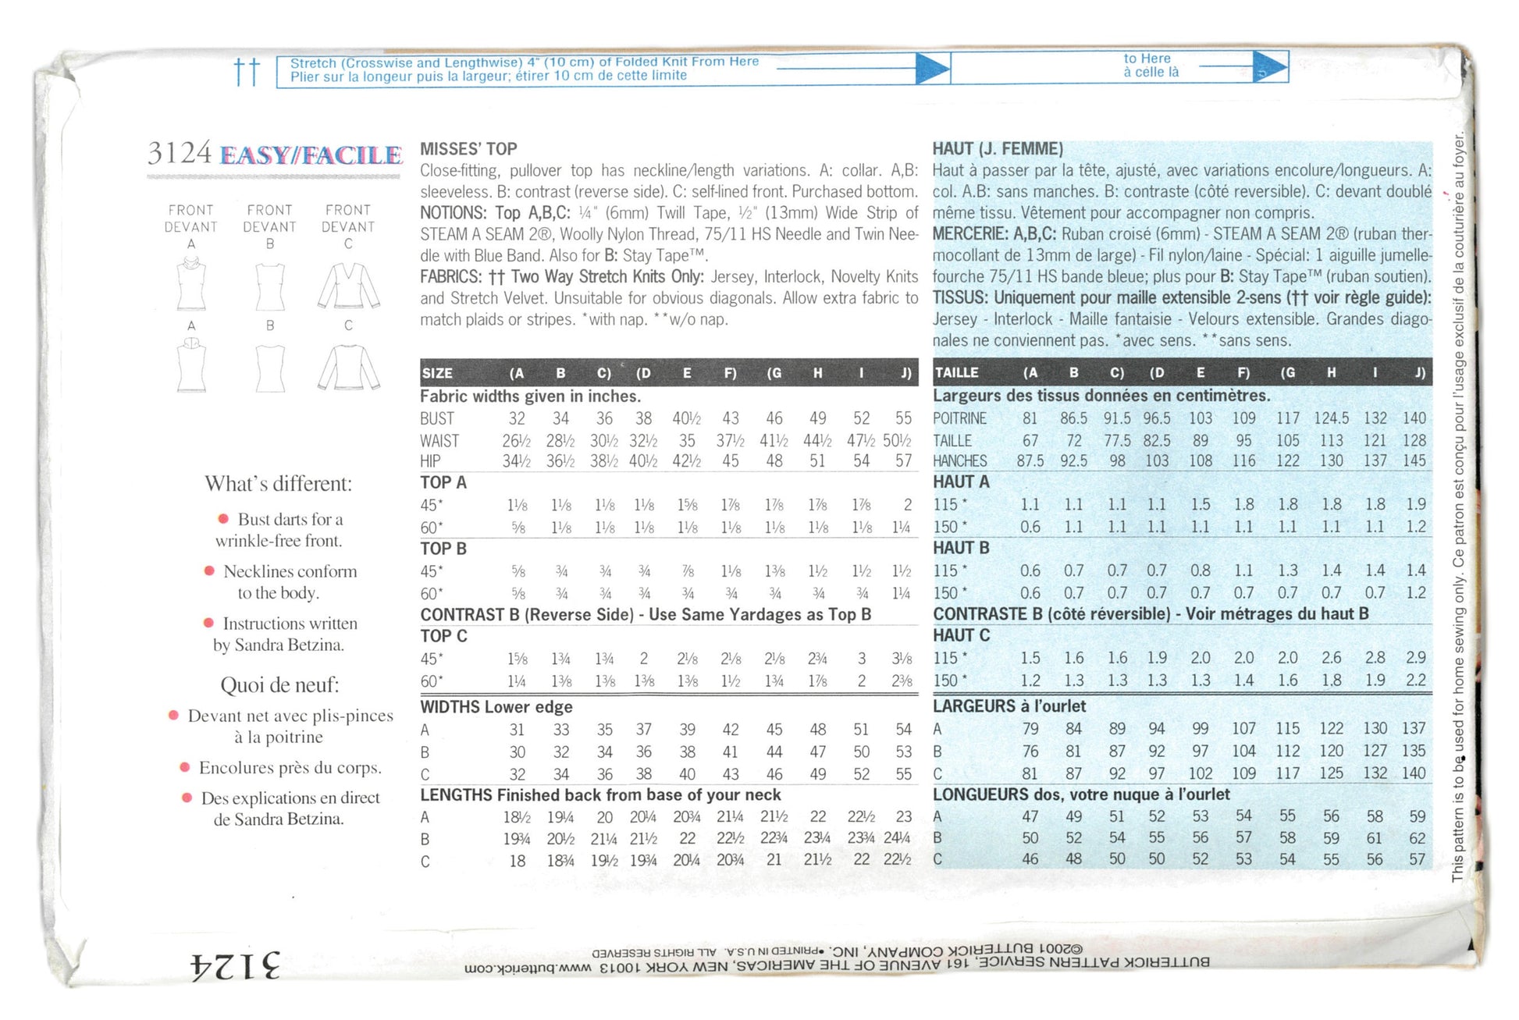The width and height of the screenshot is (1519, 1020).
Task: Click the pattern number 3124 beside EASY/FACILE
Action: pyautogui.click(x=179, y=153)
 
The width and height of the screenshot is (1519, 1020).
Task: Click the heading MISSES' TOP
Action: pyautogui.click(x=468, y=149)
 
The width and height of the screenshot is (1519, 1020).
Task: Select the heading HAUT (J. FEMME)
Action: pyautogui.click(x=998, y=149)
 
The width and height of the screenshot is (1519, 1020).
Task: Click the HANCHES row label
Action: pyautogui.click(x=959, y=461)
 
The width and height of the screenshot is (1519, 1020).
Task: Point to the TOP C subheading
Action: pyautogui.click(x=443, y=636)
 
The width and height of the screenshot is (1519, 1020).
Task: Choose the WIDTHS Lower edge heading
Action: pyautogui.click(x=496, y=707)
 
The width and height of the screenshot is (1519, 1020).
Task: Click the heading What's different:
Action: pyautogui.click(x=279, y=484)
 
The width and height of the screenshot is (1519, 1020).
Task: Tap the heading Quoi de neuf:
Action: pyautogui.click(x=279, y=685)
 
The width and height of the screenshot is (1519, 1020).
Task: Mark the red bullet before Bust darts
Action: pyautogui.click(x=223, y=519)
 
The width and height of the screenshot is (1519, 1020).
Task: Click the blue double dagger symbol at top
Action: pyautogui.click(x=247, y=72)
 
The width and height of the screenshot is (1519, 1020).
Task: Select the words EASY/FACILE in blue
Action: pyautogui.click(x=311, y=155)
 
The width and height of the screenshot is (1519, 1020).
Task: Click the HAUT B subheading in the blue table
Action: pyautogui.click(x=961, y=548)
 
